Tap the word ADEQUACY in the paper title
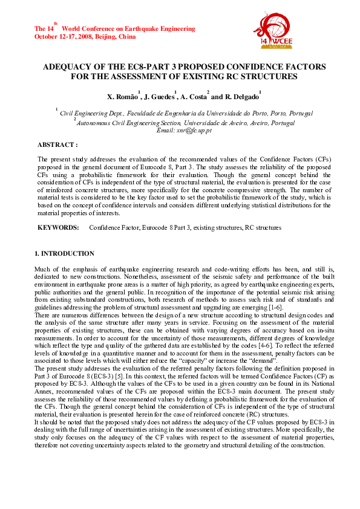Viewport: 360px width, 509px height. point(68,66)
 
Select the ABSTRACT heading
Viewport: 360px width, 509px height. point(57,145)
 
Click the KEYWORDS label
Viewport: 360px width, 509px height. point(58,227)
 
